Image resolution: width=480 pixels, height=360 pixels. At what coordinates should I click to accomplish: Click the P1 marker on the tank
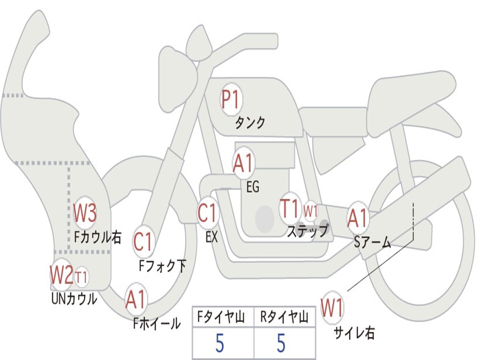tap(230, 100)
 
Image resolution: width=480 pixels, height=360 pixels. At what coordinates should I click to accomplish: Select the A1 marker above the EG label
tap(243, 164)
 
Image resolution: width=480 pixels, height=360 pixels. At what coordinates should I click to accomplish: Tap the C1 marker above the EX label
tap(208, 213)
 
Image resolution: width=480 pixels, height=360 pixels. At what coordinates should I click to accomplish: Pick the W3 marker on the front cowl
tap(85, 214)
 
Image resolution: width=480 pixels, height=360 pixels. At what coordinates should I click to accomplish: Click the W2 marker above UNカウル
tap(61, 275)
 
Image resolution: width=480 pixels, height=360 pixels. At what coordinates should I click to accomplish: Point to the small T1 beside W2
tap(81, 277)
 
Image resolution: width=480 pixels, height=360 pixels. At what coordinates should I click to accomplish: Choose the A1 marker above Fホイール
tap(135, 300)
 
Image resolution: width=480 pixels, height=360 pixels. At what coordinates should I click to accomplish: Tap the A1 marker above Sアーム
tap(358, 218)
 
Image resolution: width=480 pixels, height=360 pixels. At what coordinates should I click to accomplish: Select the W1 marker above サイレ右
tap(332, 308)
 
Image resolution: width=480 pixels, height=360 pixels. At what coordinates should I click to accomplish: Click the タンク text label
tap(250, 123)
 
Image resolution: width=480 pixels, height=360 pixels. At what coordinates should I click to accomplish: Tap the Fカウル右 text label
tap(97, 237)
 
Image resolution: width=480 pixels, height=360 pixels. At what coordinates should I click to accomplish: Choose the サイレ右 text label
tap(354, 333)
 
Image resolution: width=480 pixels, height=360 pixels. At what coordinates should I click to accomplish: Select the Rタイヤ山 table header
tap(284, 318)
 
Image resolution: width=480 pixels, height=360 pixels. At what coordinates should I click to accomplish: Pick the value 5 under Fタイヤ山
tap(220, 344)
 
